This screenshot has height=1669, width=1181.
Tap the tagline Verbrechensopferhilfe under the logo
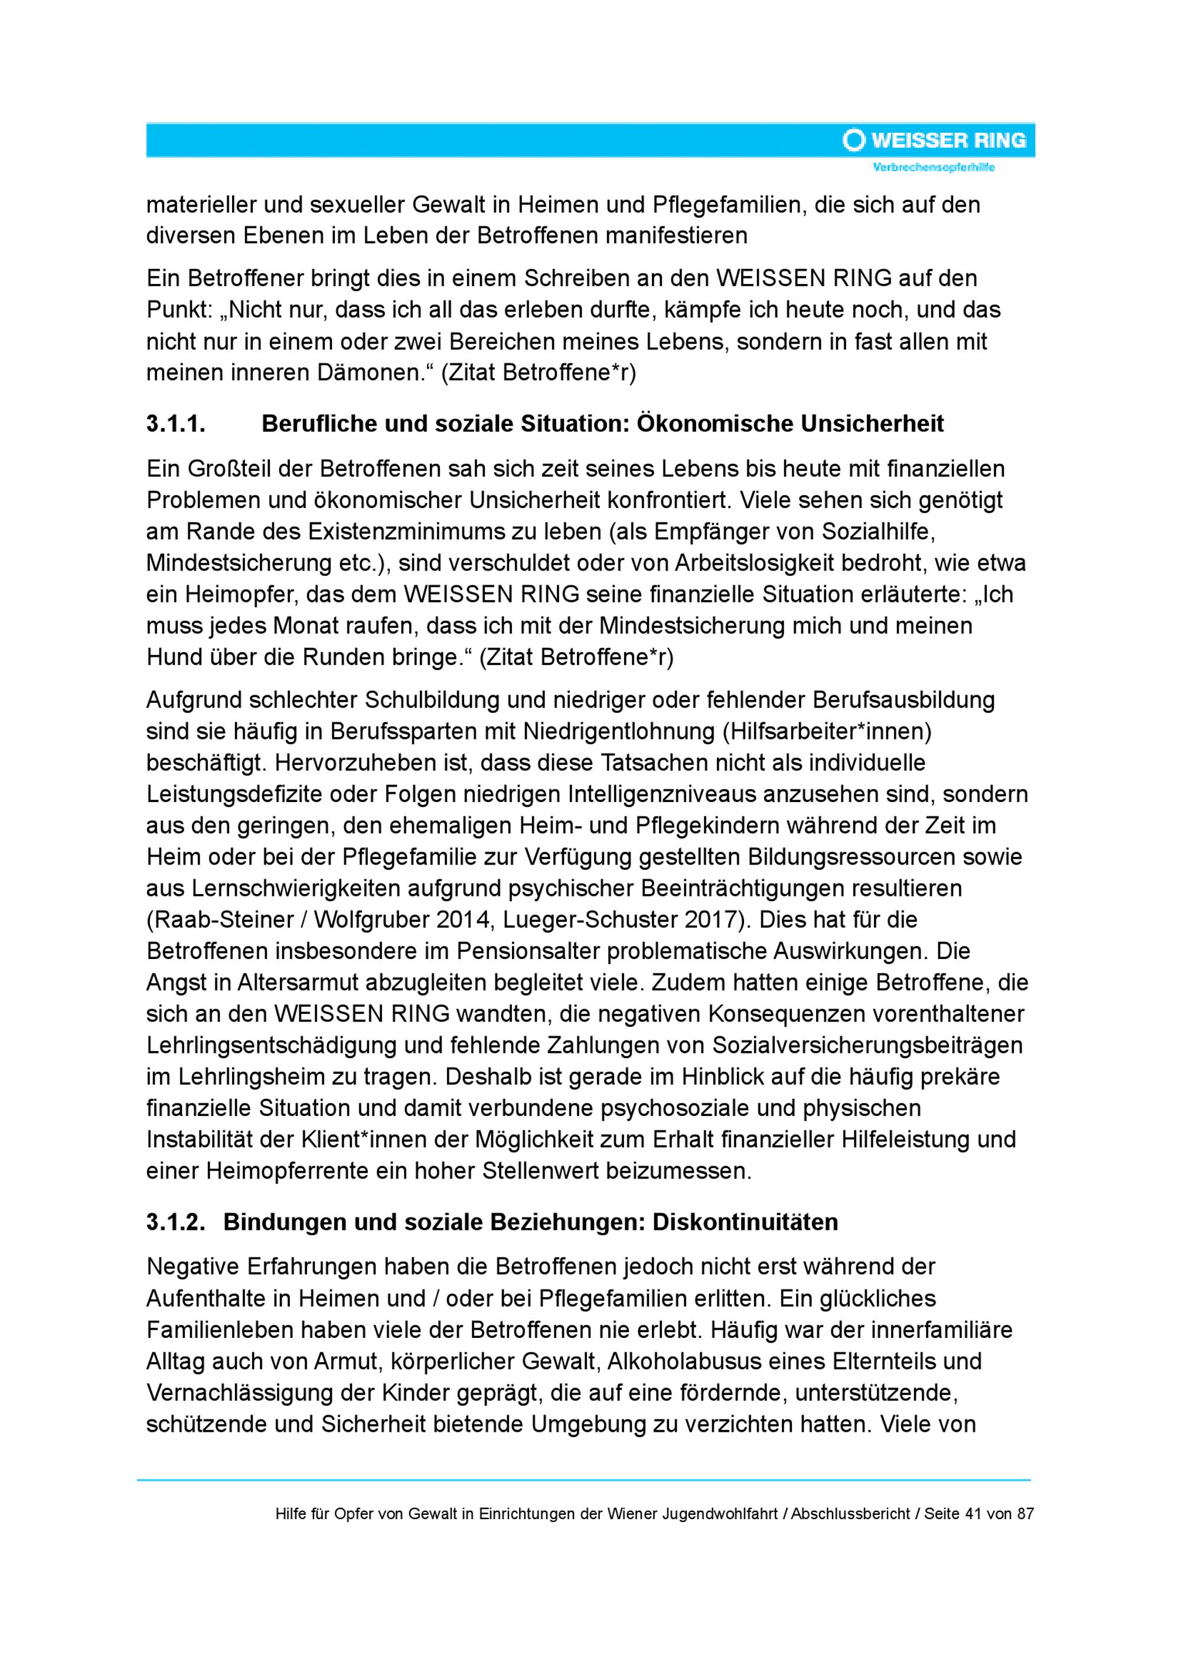(934, 168)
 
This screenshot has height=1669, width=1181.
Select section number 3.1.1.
(176, 424)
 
